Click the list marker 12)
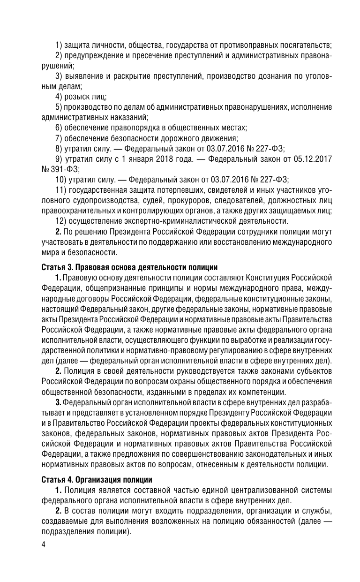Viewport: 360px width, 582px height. [61, 221]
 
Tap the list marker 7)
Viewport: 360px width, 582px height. [59, 138]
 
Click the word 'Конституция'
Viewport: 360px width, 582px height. [266, 278]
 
